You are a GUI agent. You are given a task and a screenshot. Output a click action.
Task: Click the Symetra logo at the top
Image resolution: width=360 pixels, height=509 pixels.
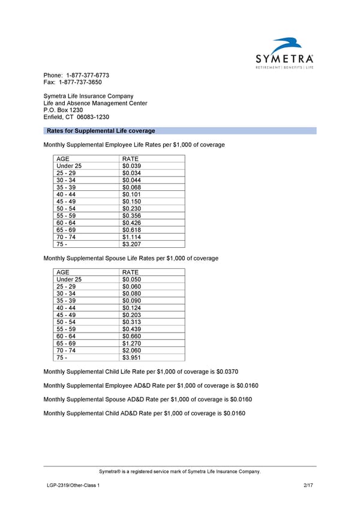coord(284,55)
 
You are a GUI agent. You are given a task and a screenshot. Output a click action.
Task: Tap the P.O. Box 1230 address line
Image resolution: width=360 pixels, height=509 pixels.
coord(63,110)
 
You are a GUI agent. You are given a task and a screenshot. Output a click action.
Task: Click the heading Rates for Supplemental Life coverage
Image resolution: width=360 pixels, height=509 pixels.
coord(100,131)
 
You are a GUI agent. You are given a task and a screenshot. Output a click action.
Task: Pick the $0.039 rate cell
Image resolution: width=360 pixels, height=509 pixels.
coord(131,166)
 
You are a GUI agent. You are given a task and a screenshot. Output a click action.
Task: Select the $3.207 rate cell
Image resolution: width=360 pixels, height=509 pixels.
coord(131,244)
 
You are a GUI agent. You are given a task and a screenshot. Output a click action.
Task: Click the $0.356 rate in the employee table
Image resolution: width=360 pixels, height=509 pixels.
coord(131,216)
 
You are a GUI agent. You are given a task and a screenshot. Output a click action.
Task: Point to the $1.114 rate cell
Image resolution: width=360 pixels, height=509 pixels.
coord(131,237)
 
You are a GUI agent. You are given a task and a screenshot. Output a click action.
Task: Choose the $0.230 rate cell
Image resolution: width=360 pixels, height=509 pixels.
coord(131,209)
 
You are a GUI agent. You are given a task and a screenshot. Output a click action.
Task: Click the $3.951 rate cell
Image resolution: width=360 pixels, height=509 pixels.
coord(131,358)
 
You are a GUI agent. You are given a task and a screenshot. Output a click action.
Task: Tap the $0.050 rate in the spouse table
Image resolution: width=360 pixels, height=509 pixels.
coord(131,280)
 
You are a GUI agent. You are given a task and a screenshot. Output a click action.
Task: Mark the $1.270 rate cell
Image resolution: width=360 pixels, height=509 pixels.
coord(131,343)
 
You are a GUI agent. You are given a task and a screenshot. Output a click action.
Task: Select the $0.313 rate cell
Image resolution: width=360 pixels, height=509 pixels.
coord(131,322)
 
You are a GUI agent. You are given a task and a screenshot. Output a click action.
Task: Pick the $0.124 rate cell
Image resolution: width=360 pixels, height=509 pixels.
coord(131,308)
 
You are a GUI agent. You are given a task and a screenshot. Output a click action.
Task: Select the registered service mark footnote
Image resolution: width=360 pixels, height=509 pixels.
coord(180,472)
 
